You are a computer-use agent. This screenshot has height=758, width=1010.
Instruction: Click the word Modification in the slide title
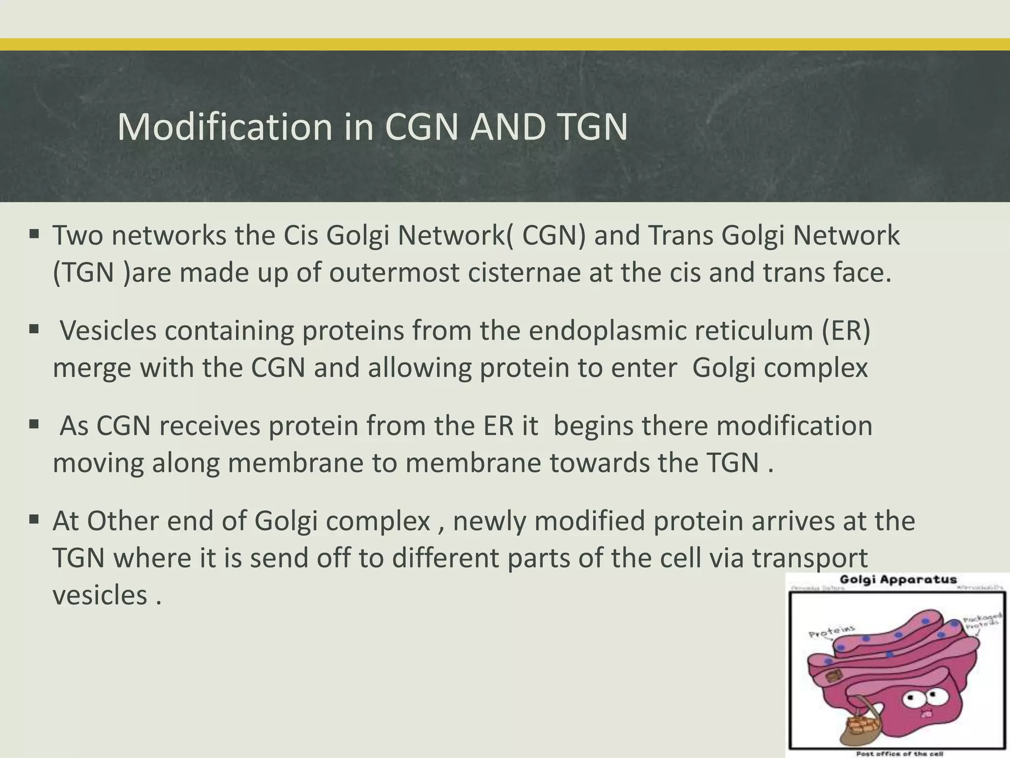(x=225, y=127)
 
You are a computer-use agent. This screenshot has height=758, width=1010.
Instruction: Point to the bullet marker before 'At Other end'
(x=34, y=519)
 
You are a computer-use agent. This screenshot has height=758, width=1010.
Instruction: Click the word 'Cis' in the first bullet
(x=300, y=235)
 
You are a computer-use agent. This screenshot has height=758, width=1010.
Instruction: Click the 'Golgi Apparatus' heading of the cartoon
(x=898, y=580)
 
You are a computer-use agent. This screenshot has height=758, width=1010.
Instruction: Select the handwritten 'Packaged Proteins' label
(x=981, y=620)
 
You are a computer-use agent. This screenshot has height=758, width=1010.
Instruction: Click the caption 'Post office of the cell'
(x=899, y=754)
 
